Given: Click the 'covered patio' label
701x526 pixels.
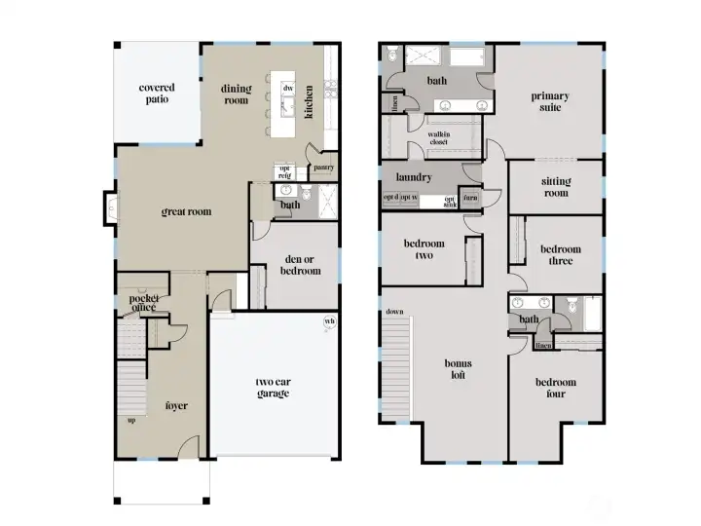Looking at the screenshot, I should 157,94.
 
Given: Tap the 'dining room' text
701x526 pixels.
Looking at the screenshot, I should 236,94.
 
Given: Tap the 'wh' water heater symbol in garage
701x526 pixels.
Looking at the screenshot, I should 328,322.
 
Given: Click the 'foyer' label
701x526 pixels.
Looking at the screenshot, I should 176,405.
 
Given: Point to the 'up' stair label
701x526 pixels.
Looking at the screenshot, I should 130,421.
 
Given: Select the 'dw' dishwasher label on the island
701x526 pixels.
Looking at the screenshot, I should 288,89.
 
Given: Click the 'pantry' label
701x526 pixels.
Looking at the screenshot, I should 323,168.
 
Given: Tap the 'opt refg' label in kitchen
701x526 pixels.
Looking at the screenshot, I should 285,171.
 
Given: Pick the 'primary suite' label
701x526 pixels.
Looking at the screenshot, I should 550,102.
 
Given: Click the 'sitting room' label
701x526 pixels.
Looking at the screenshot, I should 556,187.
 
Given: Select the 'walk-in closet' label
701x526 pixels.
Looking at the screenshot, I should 444,139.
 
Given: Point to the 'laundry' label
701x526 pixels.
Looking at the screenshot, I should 413,178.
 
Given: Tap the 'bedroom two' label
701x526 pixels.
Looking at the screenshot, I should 424,249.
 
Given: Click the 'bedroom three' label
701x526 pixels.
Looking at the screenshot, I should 562,255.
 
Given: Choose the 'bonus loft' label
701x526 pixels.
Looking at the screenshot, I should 459,368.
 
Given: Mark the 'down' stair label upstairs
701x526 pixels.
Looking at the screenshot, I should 394,312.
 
